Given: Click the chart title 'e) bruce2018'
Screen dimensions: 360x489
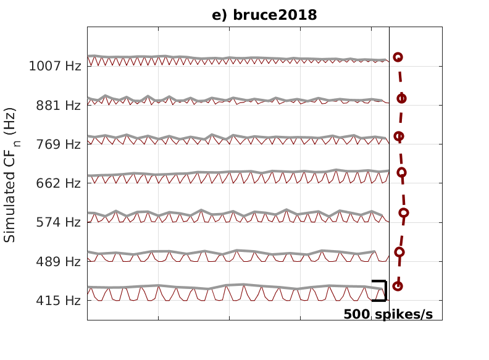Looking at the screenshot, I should [x=264, y=15].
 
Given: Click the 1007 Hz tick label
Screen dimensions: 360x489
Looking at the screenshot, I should [x=55, y=66].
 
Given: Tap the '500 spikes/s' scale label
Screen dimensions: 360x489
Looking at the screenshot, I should [x=388, y=314].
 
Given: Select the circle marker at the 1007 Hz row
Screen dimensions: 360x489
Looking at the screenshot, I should [x=398, y=57].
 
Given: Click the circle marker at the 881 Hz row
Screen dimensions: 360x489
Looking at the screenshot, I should [x=401, y=98].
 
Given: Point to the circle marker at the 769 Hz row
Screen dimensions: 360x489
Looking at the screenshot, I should [x=399, y=136].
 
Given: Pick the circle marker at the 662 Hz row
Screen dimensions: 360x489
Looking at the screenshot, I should [x=401, y=172].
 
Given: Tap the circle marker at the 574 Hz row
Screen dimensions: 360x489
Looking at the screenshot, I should [x=404, y=213].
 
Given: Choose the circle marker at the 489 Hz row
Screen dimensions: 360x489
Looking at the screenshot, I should [x=399, y=252].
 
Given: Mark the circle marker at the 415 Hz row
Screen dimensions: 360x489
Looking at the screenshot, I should [x=398, y=286].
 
